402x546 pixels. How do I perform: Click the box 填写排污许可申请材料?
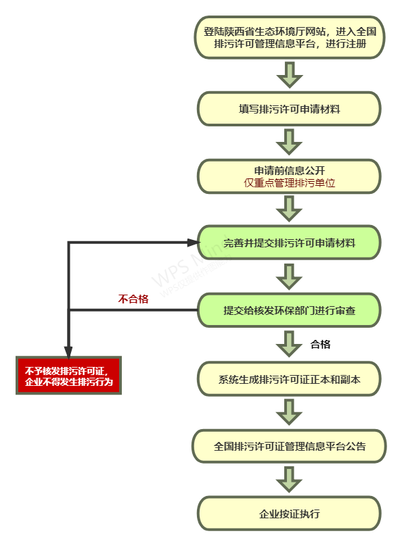pyautogui.click(x=289, y=109)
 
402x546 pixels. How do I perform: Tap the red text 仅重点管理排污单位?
pyautogui.click(x=289, y=183)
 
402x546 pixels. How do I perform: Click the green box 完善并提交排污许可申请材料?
pyautogui.click(x=289, y=243)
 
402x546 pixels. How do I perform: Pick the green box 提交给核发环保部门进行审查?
pyautogui.click(x=289, y=310)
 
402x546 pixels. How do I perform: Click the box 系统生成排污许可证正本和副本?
pyautogui.click(x=289, y=379)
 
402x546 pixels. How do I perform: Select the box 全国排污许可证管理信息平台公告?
pyautogui.click(x=289, y=446)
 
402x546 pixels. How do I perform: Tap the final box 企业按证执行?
pyautogui.click(x=289, y=514)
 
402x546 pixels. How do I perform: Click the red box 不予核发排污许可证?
pyautogui.click(x=68, y=376)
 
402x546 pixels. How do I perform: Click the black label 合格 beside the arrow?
pyautogui.click(x=320, y=345)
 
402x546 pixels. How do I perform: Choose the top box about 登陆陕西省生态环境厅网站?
pyautogui.click(x=289, y=37)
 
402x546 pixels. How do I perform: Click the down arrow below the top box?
pyautogui.click(x=289, y=74)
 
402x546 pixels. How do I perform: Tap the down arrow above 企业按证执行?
pyautogui.click(x=289, y=480)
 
